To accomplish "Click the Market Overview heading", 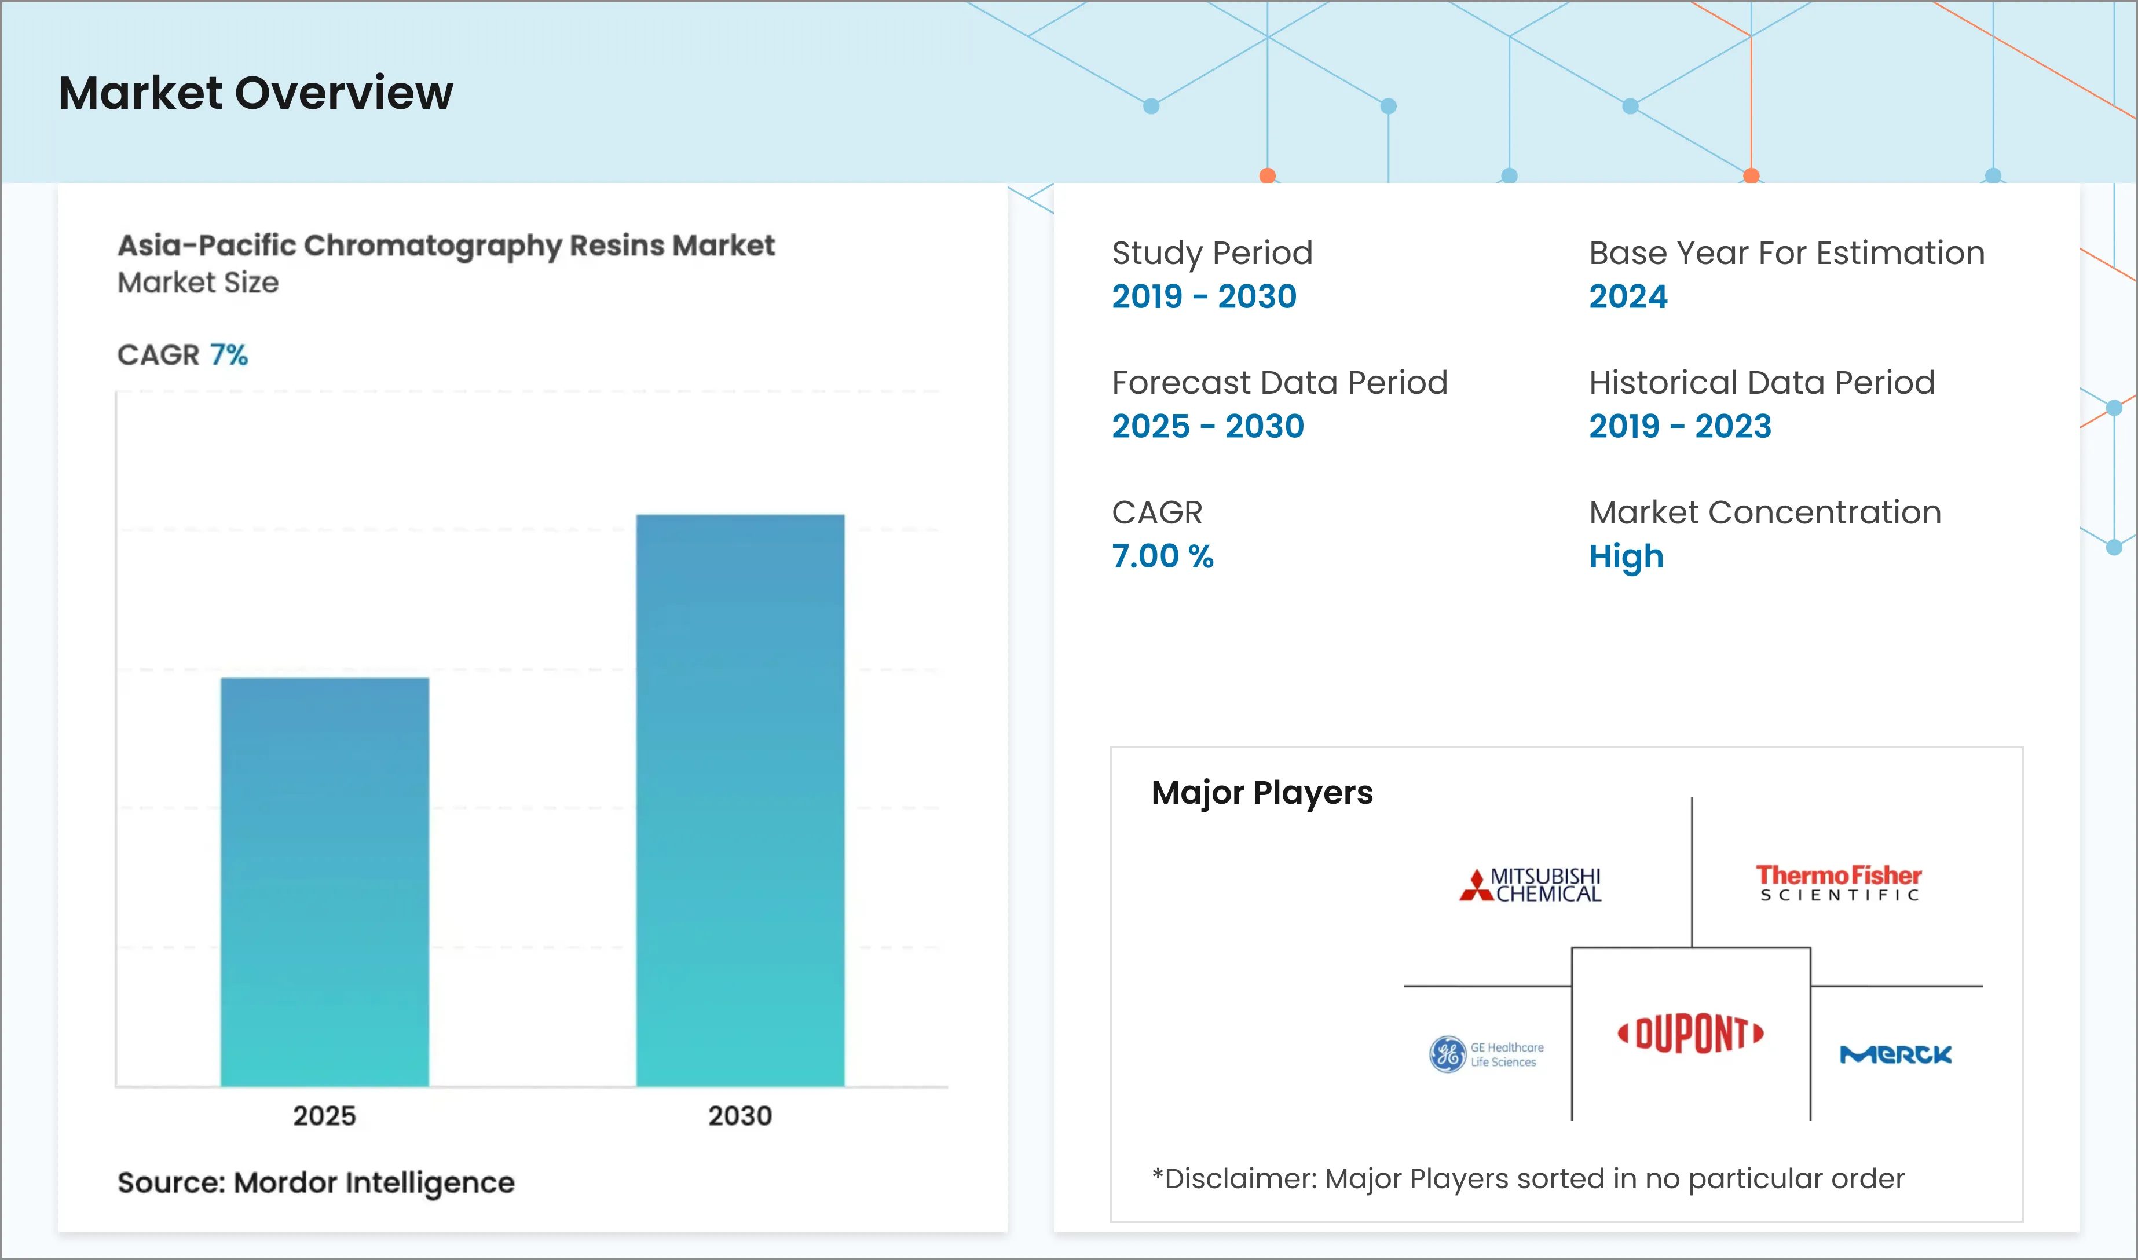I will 255,93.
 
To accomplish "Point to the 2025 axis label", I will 324,1116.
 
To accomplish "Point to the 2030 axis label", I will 739,1116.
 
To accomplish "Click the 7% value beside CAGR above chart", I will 228,355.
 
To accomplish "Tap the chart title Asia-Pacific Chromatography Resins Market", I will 446,246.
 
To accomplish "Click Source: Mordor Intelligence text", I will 316,1183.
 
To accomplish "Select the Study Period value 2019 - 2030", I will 1204,296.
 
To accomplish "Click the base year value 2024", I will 1628,296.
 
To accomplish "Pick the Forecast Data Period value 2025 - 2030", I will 1207,426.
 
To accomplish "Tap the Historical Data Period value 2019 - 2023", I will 1679,426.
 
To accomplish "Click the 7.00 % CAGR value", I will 1162,556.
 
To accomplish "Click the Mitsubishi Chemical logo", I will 1530,885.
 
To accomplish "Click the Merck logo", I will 1895,1054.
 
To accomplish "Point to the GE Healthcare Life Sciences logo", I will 1486,1054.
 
